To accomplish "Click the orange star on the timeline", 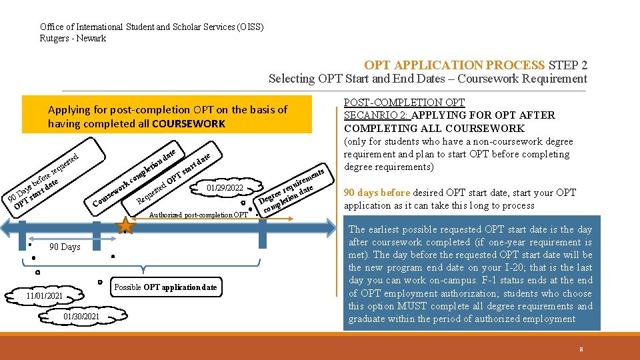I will (125, 225).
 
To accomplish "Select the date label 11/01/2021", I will (45, 295).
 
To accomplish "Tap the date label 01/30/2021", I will (82, 316).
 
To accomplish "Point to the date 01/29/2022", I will (225, 187).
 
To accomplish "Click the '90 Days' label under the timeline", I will (65, 247).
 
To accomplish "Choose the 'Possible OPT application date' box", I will (165, 287).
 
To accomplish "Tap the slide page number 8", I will (581, 349).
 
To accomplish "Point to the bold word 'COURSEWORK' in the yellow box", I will (189, 124).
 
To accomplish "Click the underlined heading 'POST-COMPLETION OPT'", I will (403, 102).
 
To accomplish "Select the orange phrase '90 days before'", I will (377, 193).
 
